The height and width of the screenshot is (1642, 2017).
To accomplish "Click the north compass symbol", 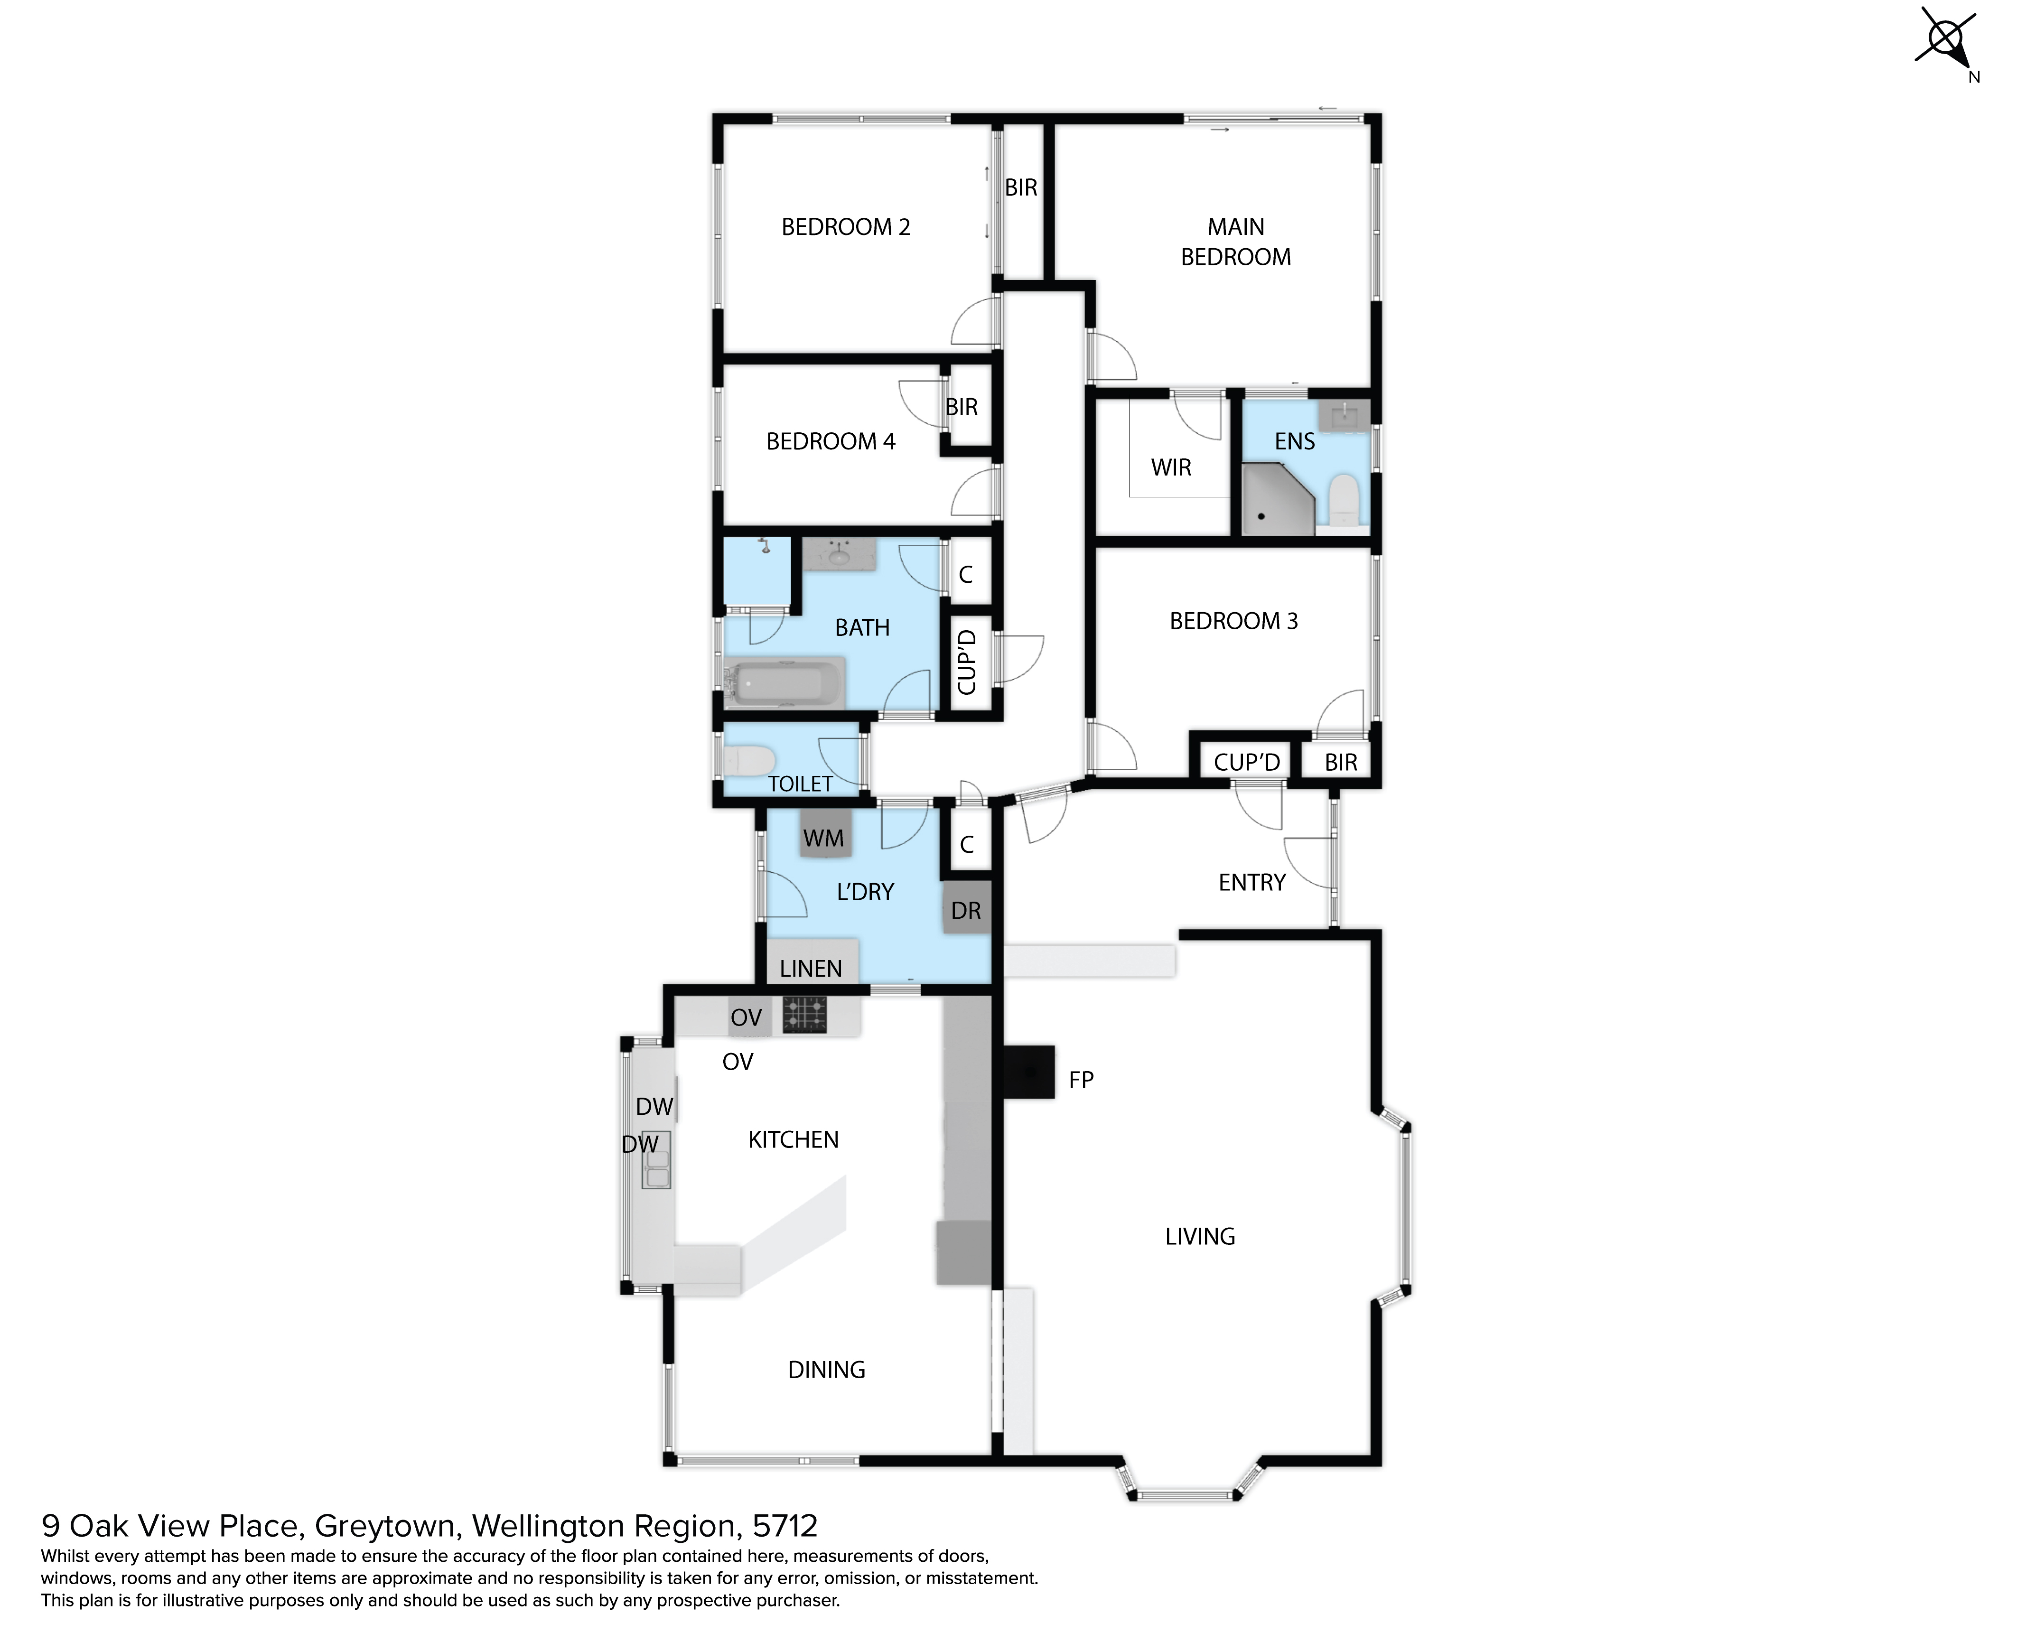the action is pos(1947,43).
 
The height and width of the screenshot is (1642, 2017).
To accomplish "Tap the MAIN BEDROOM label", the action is pos(1235,242).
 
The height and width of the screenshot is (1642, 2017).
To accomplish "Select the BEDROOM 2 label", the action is pos(846,227).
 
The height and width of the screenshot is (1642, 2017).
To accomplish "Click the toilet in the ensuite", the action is pos(1344,499).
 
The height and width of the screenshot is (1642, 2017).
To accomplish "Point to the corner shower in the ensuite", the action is pos(1277,499).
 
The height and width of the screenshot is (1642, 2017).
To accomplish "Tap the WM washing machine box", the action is pos(824,833).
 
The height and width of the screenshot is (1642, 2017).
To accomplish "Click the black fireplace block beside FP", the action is pos(1028,1072).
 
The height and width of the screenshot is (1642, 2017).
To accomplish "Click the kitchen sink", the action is pos(655,1160).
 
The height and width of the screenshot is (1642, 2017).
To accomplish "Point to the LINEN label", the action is pos(811,969).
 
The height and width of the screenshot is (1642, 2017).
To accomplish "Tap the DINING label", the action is pos(827,1370).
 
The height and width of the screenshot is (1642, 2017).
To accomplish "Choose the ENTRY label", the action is pos(1251,883).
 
